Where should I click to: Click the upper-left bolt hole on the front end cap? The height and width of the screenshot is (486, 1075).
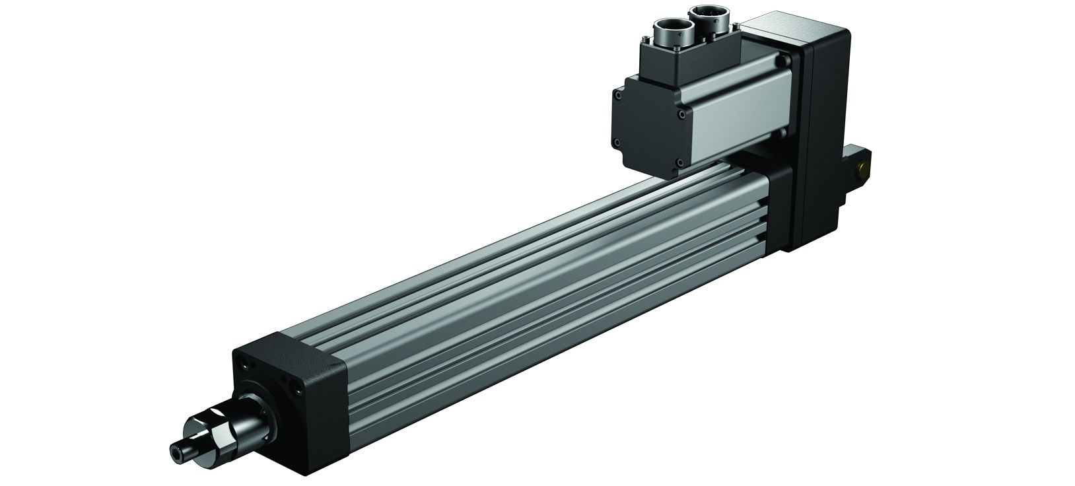pyautogui.click(x=246, y=362)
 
